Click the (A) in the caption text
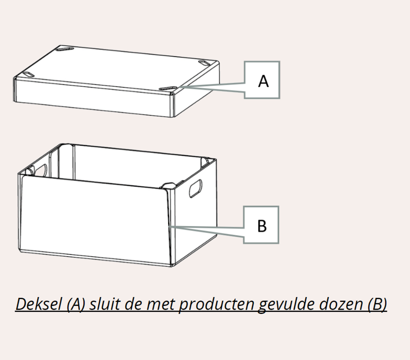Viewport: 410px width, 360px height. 76,305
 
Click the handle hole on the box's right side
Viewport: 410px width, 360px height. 196,188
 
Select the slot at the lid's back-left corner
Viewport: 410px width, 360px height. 65,49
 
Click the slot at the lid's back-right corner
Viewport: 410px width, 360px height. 205,63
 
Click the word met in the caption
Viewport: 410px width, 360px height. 160,305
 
